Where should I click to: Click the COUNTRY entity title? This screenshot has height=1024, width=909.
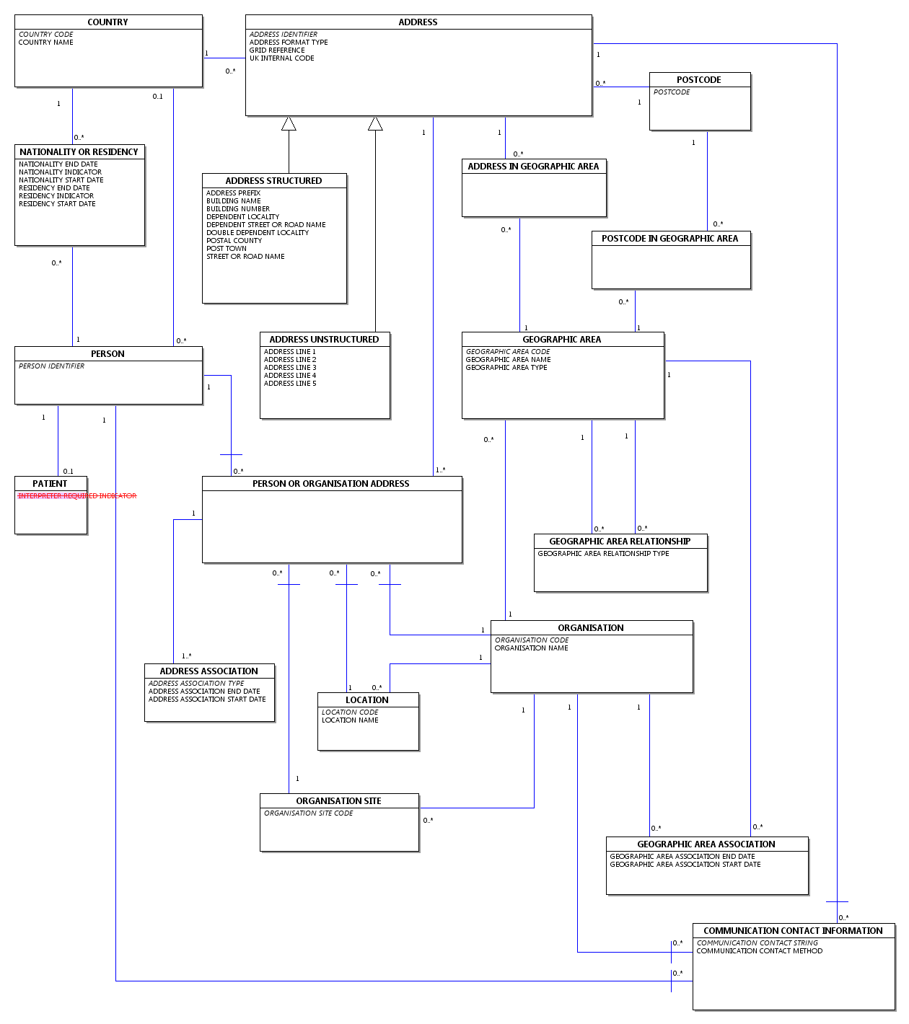click(x=107, y=22)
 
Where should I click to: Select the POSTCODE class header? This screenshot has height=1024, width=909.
click(x=698, y=80)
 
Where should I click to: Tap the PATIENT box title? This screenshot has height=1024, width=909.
click(x=50, y=484)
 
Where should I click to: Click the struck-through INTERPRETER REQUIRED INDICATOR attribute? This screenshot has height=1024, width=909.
click(x=77, y=496)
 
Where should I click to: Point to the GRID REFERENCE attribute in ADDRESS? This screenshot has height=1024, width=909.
click(x=277, y=50)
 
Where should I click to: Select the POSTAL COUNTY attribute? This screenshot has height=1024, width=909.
click(x=234, y=241)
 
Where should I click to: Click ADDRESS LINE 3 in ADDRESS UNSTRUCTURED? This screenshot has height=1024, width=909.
click(x=290, y=368)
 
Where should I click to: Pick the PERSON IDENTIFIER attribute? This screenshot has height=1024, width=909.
click(x=51, y=366)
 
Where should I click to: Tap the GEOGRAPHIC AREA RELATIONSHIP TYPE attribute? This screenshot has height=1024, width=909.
click(x=603, y=553)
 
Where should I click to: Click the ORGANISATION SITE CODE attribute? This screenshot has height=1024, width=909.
click(x=308, y=813)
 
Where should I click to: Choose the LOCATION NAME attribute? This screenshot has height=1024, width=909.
click(x=350, y=720)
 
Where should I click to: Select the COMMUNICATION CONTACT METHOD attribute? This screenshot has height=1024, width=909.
click(x=760, y=951)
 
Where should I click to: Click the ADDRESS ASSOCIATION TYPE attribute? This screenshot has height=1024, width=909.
click(x=196, y=684)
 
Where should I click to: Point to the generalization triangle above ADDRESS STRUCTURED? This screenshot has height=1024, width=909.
click(x=289, y=124)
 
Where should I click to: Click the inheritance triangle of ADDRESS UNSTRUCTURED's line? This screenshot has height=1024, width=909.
click(x=375, y=124)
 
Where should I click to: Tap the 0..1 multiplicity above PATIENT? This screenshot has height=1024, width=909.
click(x=69, y=472)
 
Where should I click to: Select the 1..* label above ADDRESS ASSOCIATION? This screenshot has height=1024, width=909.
click(x=187, y=656)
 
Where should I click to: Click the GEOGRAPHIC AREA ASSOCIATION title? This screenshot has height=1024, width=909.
click(x=706, y=844)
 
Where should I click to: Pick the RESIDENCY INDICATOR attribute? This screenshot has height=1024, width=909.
click(x=56, y=196)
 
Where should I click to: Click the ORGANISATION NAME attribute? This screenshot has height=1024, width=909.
click(x=532, y=648)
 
